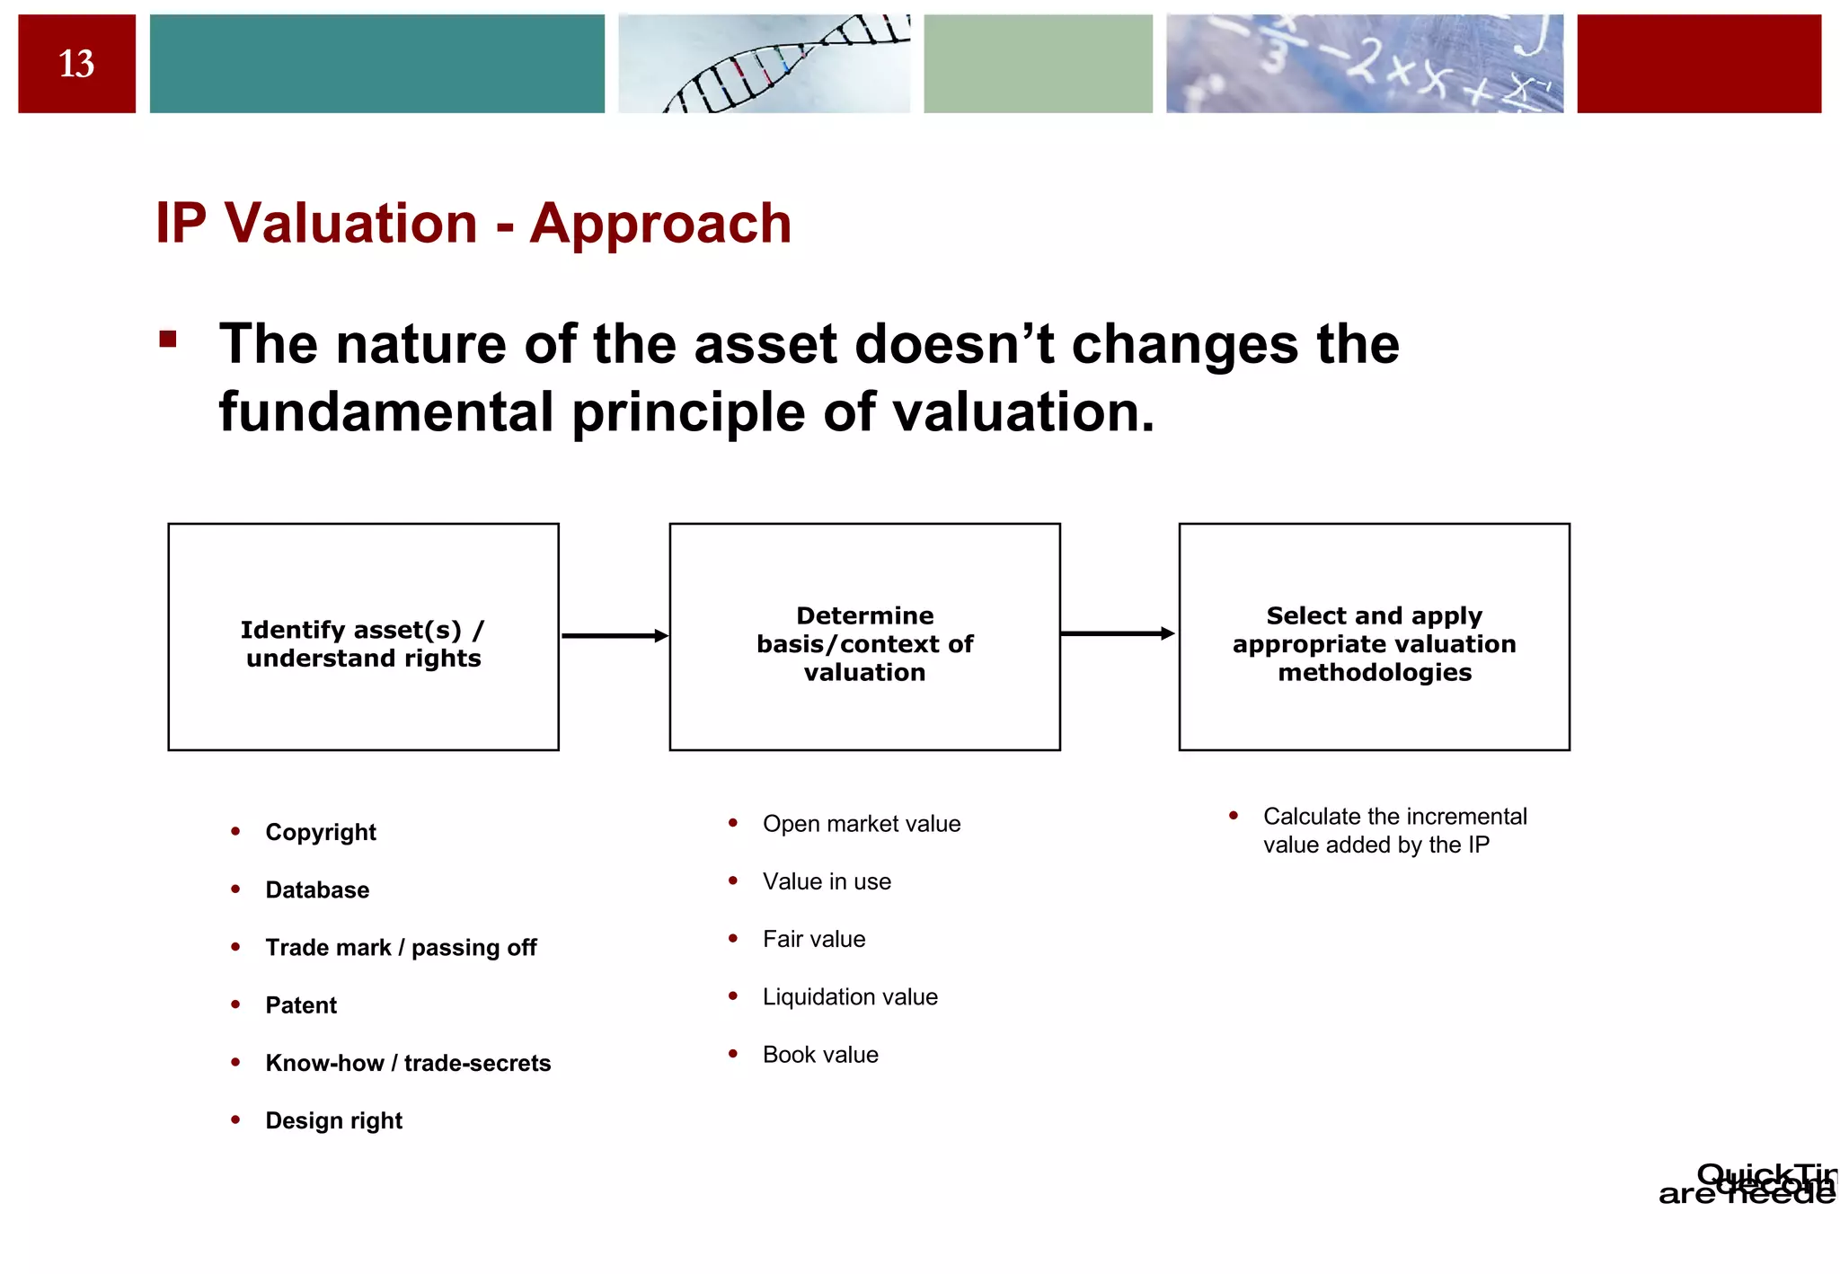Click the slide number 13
click(x=76, y=64)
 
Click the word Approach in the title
click(x=660, y=223)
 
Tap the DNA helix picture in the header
click(x=764, y=64)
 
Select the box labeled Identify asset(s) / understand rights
click(x=363, y=637)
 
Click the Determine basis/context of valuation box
click(x=864, y=637)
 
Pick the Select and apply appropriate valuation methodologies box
click(x=1374, y=637)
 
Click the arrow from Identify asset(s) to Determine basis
click(x=615, y=636)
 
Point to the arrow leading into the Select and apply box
click(x=1118, y=634)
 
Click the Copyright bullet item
click(x=321, y=832)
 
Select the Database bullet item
click(x=317, y=889)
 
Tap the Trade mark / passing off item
click(x=401, y=947)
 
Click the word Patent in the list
click(x=301, y=1005)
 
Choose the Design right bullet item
click(x=333, y=1120)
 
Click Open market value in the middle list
click(x=861, y=824)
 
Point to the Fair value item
click(x=814, y=939)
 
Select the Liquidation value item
click(x=850, y=997)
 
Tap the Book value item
click(x=820, y=1055)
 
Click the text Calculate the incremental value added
click(x=1394, y=830)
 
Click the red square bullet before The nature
click(x=168, y=340)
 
